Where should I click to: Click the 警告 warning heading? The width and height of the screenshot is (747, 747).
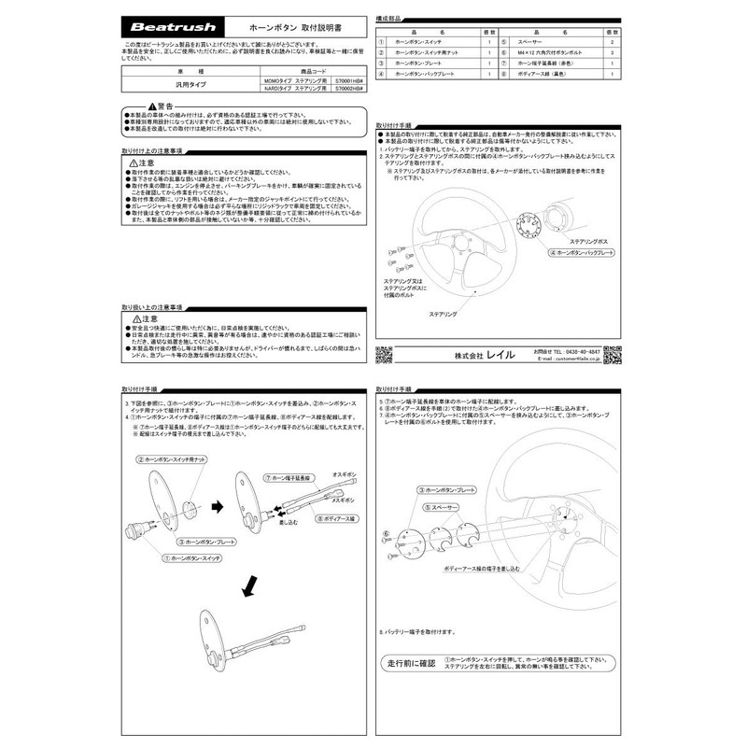(x=159, y=106)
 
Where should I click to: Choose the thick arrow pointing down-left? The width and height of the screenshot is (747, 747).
(x=249, y=586)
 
